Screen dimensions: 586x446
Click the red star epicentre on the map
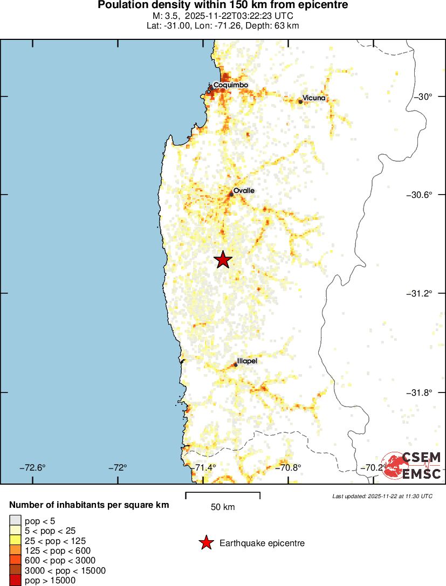(x=223, y=260)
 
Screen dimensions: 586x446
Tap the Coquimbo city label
(x=230, y=85)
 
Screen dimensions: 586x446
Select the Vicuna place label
(x=314, y=98)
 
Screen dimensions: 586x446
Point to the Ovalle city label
(x=244, y=191)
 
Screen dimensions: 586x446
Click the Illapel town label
(x=247, y=361)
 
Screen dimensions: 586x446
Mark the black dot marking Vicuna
(x=300, y=101)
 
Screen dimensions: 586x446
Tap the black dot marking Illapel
(x=235, y=365)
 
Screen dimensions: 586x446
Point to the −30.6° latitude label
(x=420, y=195)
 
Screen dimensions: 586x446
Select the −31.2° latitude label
(x=420, y=293)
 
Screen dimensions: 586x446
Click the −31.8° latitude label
(x=420, y=392)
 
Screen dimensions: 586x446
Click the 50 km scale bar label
(x=223, y=507)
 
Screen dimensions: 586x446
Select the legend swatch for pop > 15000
(x=16, y=580)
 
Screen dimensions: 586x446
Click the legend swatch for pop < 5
(x=16, y=521)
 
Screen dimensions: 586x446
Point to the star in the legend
(x=205, y=543)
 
